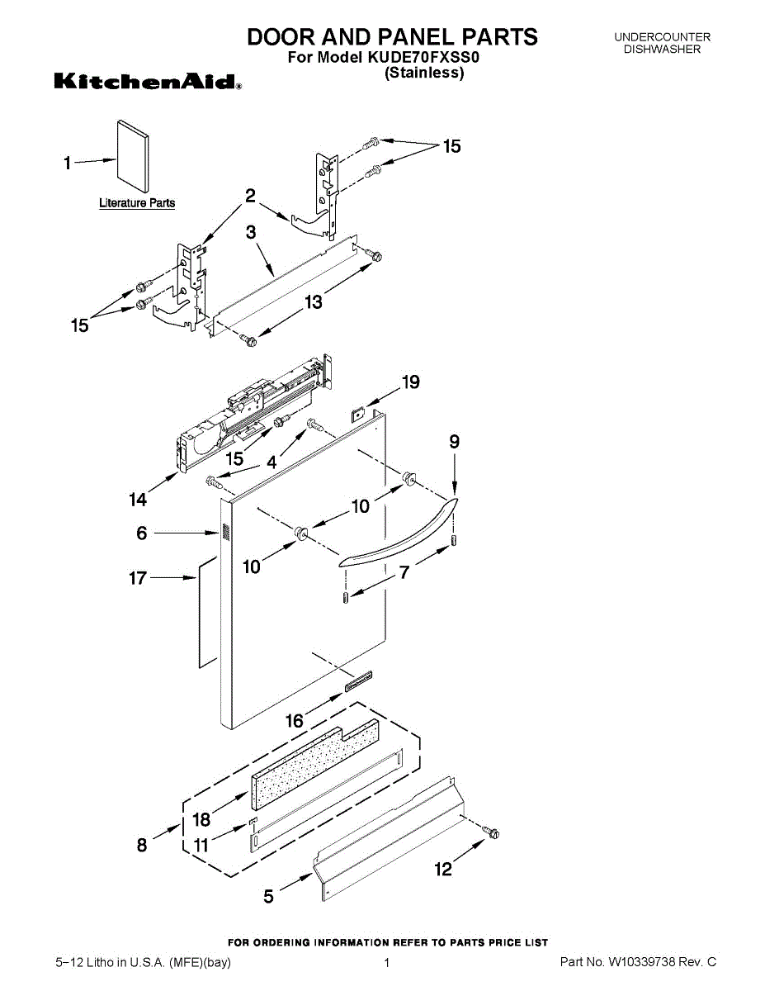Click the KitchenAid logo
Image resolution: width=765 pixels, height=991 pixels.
point(148,82)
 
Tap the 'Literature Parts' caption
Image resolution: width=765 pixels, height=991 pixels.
point(137,203)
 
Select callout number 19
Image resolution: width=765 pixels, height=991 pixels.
point(410,382)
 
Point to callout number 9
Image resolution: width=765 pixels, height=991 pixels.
point(455,442)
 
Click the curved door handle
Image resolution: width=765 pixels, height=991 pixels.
point(401,536)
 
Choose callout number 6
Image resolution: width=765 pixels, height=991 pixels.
point(142,533)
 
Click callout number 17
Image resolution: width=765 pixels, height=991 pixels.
point(138,578)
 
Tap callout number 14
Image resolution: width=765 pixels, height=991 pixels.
point(138,499)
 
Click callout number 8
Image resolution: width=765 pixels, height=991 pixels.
point(142,845)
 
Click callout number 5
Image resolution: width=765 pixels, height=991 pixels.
point(269,898)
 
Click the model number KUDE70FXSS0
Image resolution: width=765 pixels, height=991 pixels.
point(432,58)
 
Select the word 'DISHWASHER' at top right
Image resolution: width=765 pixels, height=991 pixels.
point(662,50)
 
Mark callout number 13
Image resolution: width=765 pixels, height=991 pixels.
point(314,302)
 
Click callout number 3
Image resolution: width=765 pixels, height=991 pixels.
point(251,233)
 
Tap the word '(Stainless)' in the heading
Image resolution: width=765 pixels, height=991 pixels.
point(424,73)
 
